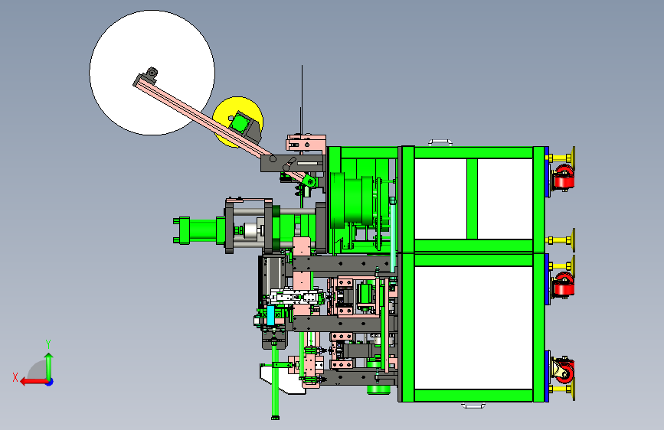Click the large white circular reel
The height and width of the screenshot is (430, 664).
pos(127,50)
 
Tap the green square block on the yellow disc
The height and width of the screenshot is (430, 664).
pos(239,123)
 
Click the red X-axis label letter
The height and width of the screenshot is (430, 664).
pos(15,377)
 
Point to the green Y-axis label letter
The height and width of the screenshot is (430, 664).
pos(48,344)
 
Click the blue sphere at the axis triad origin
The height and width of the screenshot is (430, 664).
pos(50,382)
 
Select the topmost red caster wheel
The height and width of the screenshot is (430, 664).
pos(564,178)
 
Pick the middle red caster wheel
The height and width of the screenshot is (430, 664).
pos(564,285)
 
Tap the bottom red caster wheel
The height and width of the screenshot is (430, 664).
pos(564,370)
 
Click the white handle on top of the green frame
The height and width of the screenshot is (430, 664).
pos(440,142)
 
